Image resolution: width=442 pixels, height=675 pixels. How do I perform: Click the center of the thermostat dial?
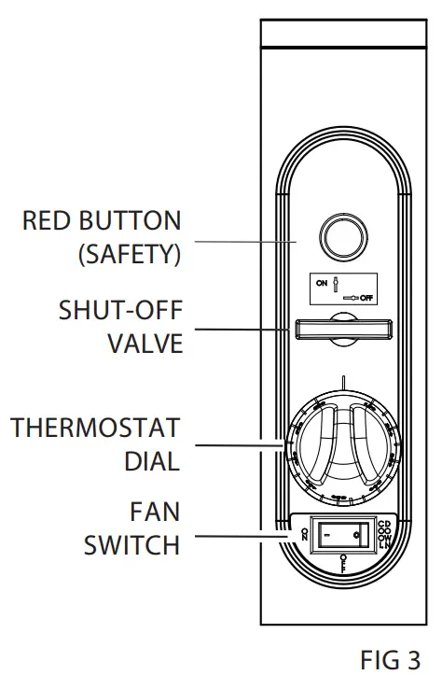339,445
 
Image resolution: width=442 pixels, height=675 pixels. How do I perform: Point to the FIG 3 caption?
390,659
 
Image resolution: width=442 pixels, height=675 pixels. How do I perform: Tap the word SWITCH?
131,544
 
